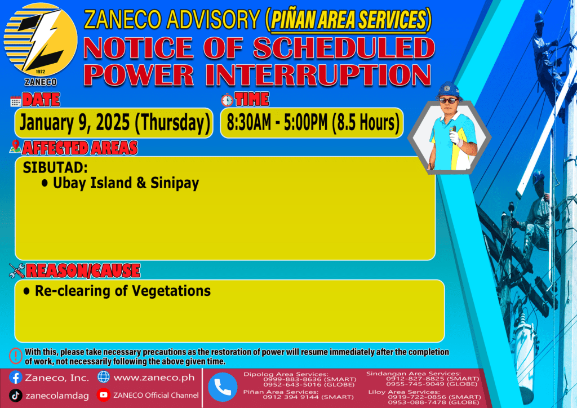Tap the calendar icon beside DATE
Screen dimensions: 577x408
coord(16,101)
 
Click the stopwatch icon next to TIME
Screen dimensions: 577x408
coord(227,100)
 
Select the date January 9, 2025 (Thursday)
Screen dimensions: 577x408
coord(114,123)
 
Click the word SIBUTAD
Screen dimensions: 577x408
coord(55,168)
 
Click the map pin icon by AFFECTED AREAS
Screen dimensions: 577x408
coord(15,147)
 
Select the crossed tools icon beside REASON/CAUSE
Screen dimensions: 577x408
coord(17,270)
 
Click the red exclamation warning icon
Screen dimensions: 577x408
coord(15,356)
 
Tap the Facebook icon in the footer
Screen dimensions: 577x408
coord(15,378)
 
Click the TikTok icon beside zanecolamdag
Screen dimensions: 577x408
coord(15,396)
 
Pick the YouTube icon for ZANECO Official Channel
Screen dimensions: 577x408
coord(104,394)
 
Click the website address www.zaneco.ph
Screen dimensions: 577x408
coord(154,378)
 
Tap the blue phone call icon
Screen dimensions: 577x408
coord(222,387)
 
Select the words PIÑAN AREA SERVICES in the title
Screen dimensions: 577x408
coord(348,20)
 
